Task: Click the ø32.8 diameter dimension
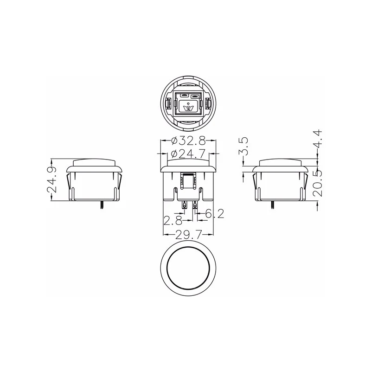coord(188,141)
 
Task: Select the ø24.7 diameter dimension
coord(188,154)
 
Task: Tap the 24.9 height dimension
coord(52,180)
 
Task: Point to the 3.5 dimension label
coord(243,146)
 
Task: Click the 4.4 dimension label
coord(317,139)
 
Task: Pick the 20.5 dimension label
coord(317,183)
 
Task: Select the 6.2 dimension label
coord(214,214)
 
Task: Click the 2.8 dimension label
coord(173,221)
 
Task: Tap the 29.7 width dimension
coord(188,235)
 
